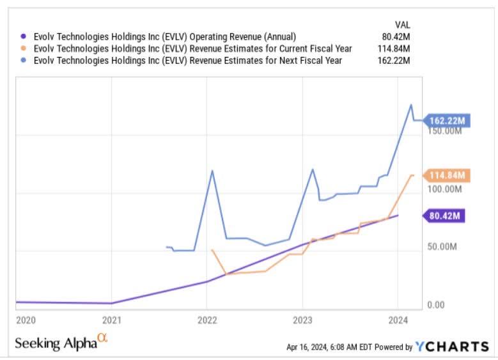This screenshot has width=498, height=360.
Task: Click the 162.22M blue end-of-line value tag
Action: (x=448, y=120)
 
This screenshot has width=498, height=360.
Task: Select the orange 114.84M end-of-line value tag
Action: (x=448, y=175)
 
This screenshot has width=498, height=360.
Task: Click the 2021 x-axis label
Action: (x=111, y=319)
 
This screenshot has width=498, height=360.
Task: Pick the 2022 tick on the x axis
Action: (x=206, y=319)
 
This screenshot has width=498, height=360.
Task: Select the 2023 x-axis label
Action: (x=302, y=319)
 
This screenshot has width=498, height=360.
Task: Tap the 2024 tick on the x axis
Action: (x=398, y=319)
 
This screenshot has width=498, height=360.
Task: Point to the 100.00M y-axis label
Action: (x=444, y=189)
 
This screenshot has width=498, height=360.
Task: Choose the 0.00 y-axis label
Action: (x=435, y=305)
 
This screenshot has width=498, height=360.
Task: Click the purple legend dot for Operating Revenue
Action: (x=24, y=36)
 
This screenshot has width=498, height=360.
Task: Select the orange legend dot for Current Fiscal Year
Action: (x=24, y=49)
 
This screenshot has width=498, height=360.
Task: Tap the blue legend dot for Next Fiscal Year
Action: (x=24, y=61)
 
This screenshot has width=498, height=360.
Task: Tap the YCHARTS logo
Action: (x=451, y=347)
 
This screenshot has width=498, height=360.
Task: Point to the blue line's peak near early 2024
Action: (x=411, y=105)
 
